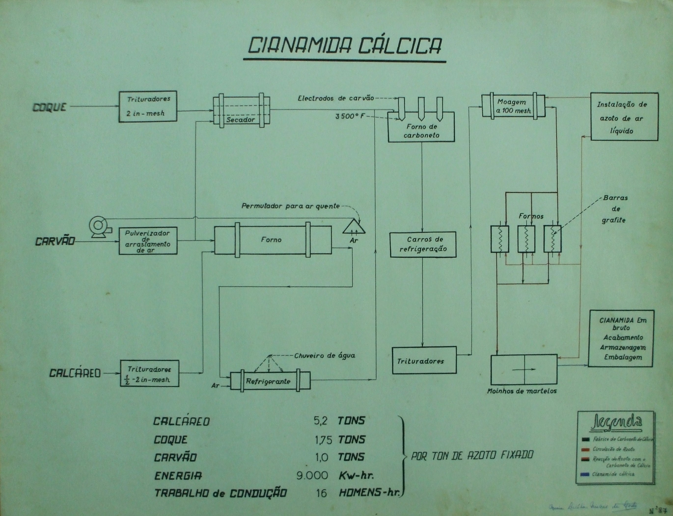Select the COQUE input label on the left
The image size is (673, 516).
pyautogui.click(x=49, y=107)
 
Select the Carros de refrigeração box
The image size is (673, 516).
pyautogui.click(x=423, y=244)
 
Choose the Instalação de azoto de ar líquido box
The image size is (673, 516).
pyautogui.click(x=624, y=117)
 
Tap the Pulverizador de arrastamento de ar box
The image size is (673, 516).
pyautogui.click(x=148, y=241)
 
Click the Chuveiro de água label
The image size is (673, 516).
pyautogui.click(x=324, y=356)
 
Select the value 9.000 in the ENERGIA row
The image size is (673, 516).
pyautogui.click(x=312, y=476)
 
